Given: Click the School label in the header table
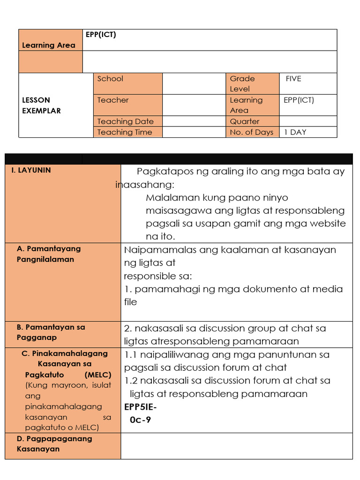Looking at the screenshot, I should (x=110, y=79).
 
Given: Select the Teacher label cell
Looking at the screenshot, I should (x=112, y=100).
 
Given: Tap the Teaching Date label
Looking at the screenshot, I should (x=125, y=121).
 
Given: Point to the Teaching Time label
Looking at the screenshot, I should (x=125, y=132).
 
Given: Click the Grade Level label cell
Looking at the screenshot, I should (x=242, y=83).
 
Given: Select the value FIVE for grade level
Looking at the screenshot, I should (x=293, y=79).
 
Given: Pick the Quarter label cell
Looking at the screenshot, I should (x=244, y=121).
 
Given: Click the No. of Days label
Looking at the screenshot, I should (x=251, y=132).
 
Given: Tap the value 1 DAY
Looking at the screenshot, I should (x=295, y=132).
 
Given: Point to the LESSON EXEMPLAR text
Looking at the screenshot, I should (x=42, y=105).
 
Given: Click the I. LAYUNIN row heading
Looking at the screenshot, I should (x=31, y=170).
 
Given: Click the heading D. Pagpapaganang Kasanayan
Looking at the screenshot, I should (x=54, y=443).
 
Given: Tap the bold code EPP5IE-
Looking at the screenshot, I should (x=141, y=406).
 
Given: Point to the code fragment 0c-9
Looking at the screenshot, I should (x=140, y=420).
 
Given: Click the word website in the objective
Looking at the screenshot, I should (x=327, y=224).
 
